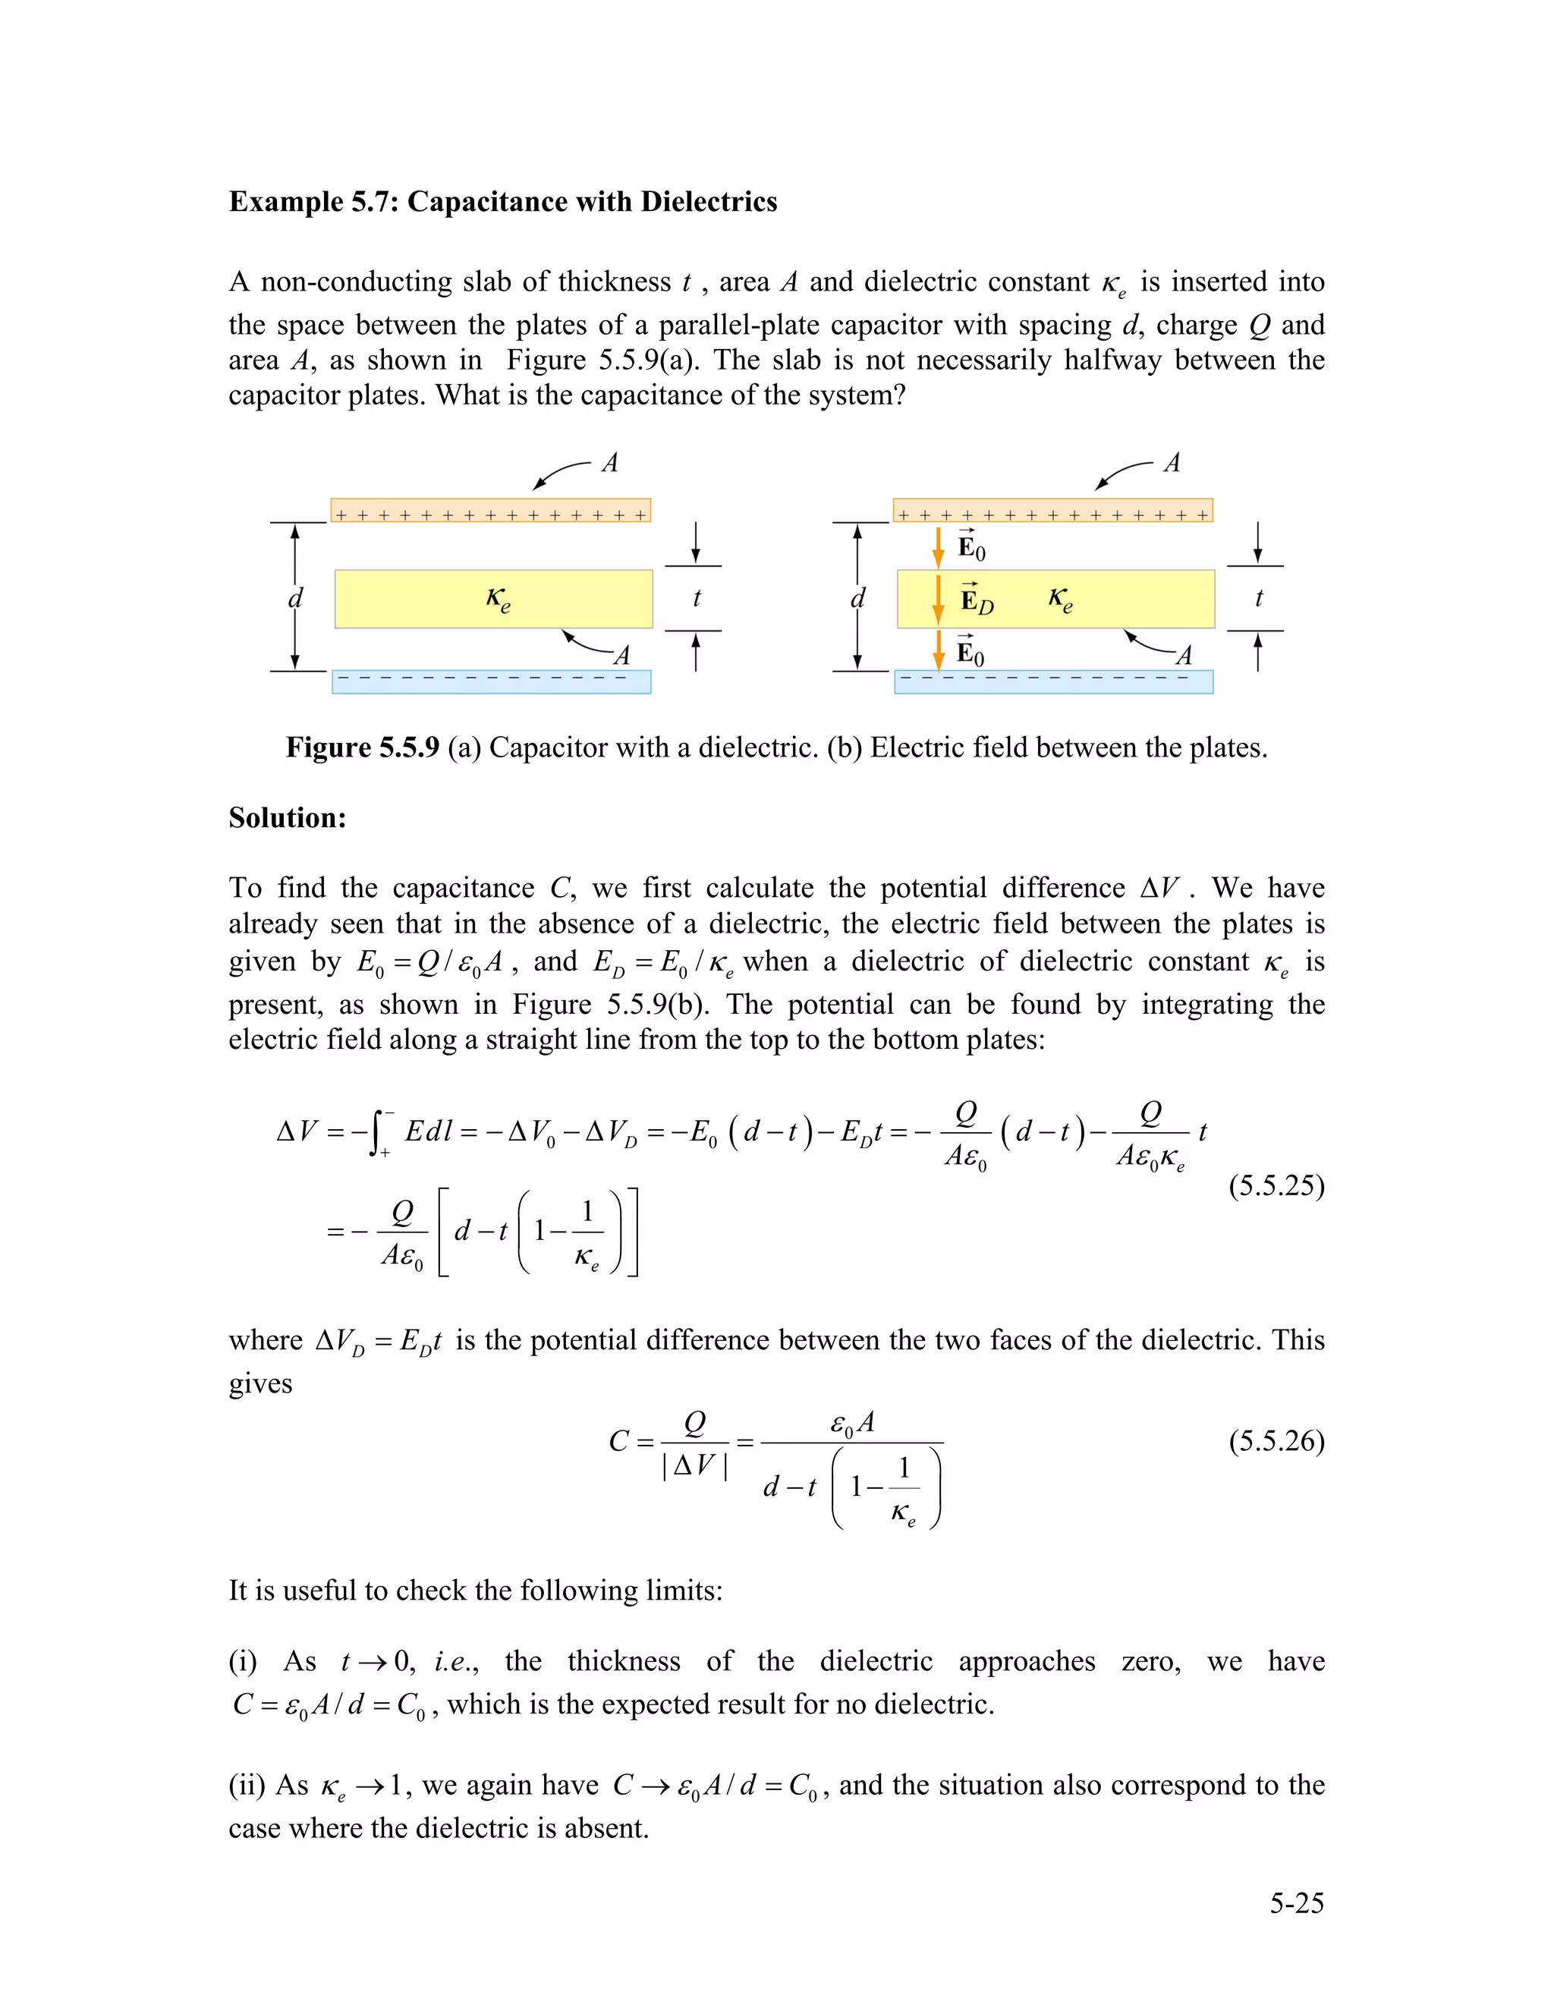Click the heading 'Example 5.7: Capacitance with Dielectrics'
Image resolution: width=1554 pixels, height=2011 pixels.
coord(502,202)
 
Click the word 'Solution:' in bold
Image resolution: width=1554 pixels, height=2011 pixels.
coord(288,817)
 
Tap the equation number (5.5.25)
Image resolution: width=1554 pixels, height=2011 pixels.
coord(1276,1185)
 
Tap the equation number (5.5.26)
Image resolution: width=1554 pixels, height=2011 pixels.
coord(1276,1440)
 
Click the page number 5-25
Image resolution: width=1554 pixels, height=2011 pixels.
coord(1296,1903)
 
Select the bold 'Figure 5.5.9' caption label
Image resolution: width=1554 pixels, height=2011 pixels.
coord(363,747)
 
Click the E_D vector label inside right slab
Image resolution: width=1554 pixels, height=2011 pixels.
coord(977,600)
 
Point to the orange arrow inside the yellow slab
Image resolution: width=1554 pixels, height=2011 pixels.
coord(938,599)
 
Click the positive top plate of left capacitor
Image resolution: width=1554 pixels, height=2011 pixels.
coord(491,511)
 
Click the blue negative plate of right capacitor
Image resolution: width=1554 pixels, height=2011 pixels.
coord(1053,681)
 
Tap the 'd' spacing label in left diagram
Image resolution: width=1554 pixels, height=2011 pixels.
coord(295,599)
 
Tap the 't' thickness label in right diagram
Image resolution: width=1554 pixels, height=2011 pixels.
coord(1259,599)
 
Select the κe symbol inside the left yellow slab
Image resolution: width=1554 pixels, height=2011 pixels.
coord(498,600)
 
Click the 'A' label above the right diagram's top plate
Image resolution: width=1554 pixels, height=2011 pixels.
coord(1171,463)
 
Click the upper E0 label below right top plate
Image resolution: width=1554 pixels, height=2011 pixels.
coord(971,548)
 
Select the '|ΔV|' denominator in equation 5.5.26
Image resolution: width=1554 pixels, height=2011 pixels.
coord(694,1464)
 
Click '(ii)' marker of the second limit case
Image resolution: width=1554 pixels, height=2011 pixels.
coord(247,1786)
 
